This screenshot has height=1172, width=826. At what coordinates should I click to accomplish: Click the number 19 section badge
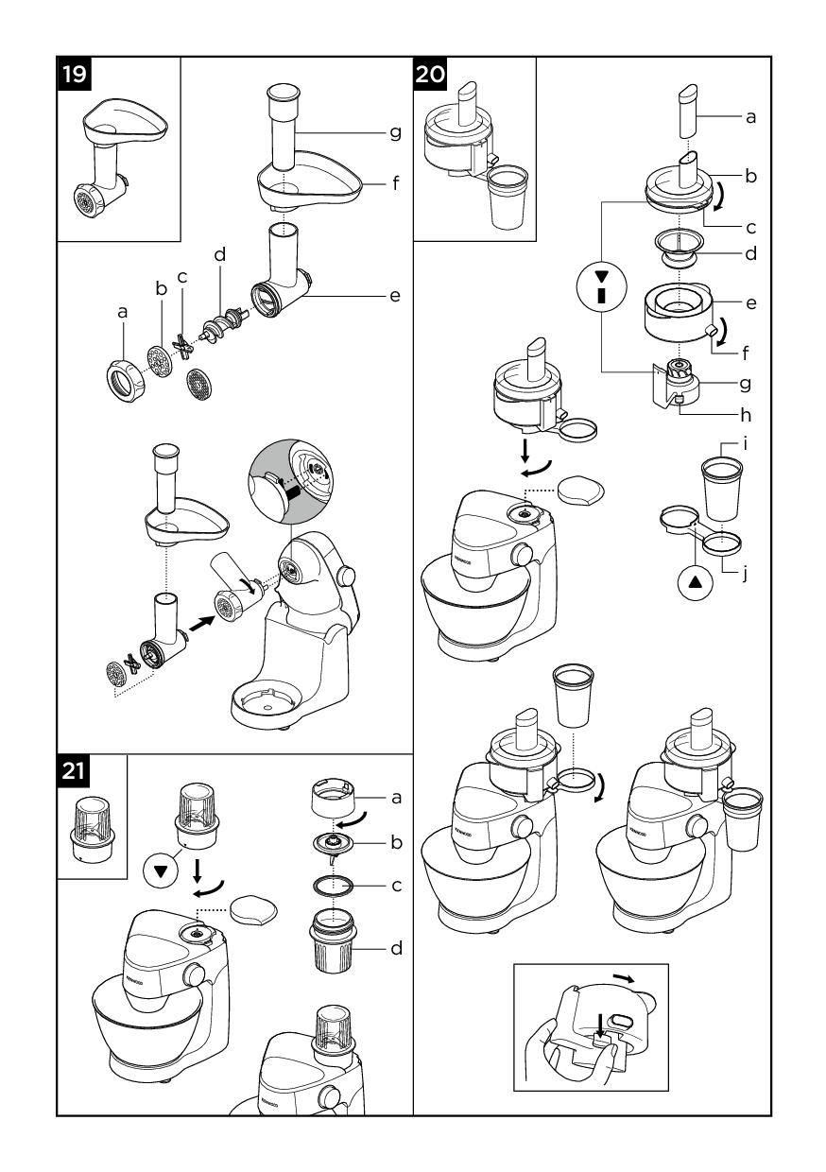click(x=75, y=73)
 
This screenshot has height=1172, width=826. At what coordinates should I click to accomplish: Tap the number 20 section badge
click(x=430, y=73)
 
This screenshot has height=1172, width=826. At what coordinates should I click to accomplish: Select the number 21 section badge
click(x=75, y=771)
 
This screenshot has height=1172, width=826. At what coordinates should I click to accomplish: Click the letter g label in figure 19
click(x=394, y=133)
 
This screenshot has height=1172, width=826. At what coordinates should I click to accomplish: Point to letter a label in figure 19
click(x=123, y=310)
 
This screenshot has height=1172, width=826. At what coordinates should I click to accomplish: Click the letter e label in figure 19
click(x=394, y=296)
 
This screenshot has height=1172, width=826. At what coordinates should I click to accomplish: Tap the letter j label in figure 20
click(x=745, y=573)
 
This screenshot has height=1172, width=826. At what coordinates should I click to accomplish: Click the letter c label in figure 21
click(x=397, y=885)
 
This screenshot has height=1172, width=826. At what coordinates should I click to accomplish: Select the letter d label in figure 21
click(x=397, y=947)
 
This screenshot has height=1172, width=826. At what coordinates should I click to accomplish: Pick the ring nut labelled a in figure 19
click(x=123, y=379)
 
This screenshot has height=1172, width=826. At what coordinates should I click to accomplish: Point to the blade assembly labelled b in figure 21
click(x=335, y=842)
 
